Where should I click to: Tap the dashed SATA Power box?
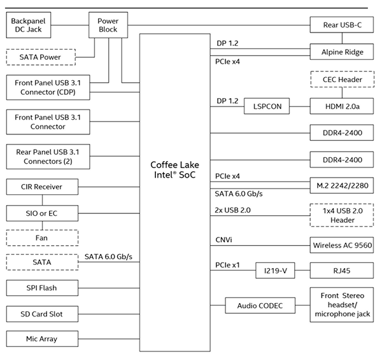[39, 57]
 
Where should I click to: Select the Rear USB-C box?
[342, 25]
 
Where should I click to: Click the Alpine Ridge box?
[342, 52]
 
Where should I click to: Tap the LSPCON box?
[266, 106]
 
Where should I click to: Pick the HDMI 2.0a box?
[342, 106]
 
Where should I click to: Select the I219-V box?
[276, 271]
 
